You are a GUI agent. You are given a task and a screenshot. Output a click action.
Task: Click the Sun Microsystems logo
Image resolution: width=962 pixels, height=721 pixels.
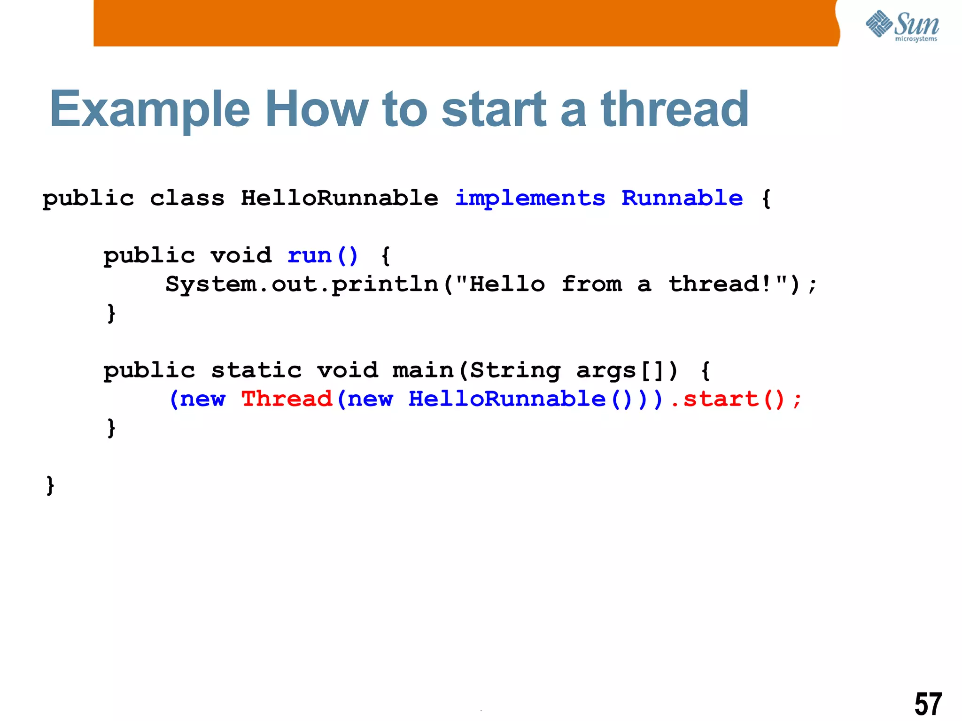coord(902,26)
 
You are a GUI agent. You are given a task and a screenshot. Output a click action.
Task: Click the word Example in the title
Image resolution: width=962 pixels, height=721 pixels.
coord(149,110)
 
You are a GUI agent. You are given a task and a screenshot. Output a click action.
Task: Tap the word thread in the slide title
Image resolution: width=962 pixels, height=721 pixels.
coord(675,110)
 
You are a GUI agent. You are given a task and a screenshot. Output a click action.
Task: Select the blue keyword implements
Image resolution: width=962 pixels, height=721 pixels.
coord(530,199)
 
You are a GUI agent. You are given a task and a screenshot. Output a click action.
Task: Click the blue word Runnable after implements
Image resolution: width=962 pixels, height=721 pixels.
coord(682,198)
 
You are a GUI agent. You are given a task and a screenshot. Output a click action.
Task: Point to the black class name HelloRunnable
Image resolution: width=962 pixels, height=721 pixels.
coord(339,198)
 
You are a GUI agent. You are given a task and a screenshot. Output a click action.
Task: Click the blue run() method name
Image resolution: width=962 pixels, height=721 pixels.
coord(322,256)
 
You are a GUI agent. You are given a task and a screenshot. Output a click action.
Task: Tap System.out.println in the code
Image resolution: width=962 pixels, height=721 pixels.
coord(302,284)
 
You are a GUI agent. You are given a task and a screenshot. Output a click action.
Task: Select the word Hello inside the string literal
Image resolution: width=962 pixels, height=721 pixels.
coord(507,284)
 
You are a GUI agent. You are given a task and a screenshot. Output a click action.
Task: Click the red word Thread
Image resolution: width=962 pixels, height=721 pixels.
coord(287,399)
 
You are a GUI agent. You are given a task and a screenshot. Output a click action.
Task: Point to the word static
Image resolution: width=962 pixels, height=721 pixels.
coord(256,370)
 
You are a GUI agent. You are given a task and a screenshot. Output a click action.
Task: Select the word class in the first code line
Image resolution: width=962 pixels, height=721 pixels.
coord(187,198)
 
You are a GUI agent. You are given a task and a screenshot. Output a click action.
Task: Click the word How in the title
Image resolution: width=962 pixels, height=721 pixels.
coord(317,110)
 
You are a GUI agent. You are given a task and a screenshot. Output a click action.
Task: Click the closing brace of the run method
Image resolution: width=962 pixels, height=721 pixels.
coord(111,313)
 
